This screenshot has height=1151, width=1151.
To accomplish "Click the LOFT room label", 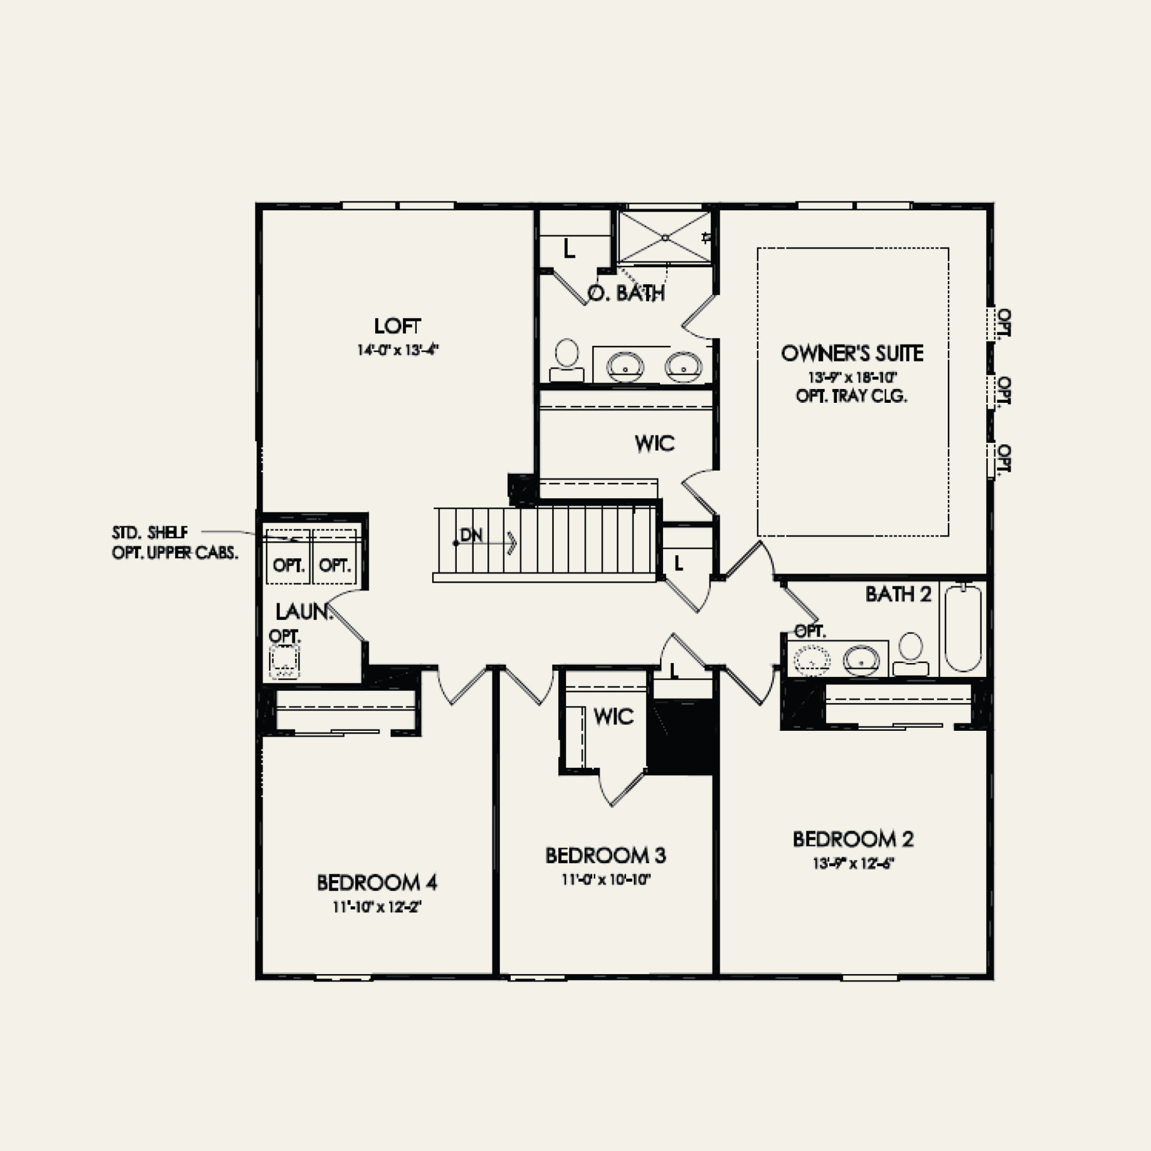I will point(397,326).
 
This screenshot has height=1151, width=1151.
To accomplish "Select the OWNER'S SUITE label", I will point(852,353).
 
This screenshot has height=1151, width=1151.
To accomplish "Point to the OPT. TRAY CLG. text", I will point(851,396).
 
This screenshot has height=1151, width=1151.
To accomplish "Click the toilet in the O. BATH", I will point(567,360).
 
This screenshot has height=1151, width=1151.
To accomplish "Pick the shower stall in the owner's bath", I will point(664,237).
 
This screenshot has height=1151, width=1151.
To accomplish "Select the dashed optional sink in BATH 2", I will point(813,660).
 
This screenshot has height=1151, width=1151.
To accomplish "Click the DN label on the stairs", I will point(472,535).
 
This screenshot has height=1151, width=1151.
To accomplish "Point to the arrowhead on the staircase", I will point(512,543).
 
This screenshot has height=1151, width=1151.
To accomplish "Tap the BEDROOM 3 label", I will point(605,855).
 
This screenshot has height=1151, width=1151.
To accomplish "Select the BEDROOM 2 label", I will point(853,839).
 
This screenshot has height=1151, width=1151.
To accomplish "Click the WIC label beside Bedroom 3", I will point(613,716).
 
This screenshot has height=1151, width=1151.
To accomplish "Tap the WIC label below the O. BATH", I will point(655,444).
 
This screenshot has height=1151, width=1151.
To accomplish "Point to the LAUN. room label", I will point(303,612).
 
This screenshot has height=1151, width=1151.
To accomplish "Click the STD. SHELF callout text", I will point(150,532).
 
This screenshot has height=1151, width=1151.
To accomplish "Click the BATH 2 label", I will point(898,594).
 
